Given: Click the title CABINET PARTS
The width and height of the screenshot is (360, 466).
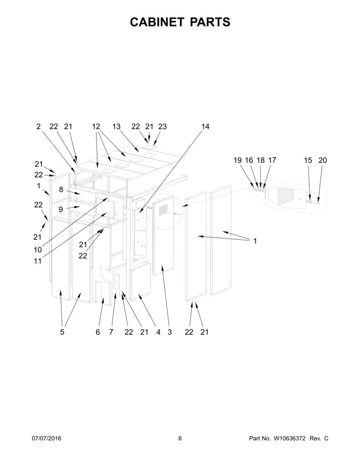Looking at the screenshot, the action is [x=180, y=22].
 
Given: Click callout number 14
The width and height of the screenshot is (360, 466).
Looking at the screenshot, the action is [x=205, y=127].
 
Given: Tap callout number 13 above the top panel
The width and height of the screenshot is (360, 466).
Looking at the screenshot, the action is [x=117, y=127].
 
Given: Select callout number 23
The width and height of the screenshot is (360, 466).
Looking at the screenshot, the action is [x=162, y=127].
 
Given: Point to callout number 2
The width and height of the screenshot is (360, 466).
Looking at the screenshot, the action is [x=38, y=127].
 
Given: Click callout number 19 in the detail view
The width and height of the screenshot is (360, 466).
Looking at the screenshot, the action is [x=238, y=160].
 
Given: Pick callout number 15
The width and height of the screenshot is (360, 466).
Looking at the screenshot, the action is [x=308, y=160].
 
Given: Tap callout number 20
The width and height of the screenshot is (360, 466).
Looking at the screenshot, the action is [x=323, y=160].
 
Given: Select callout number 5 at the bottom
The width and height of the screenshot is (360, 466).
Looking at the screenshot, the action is [x=62, y=332].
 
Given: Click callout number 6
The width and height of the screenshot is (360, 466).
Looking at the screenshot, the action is [x=98, y=332].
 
